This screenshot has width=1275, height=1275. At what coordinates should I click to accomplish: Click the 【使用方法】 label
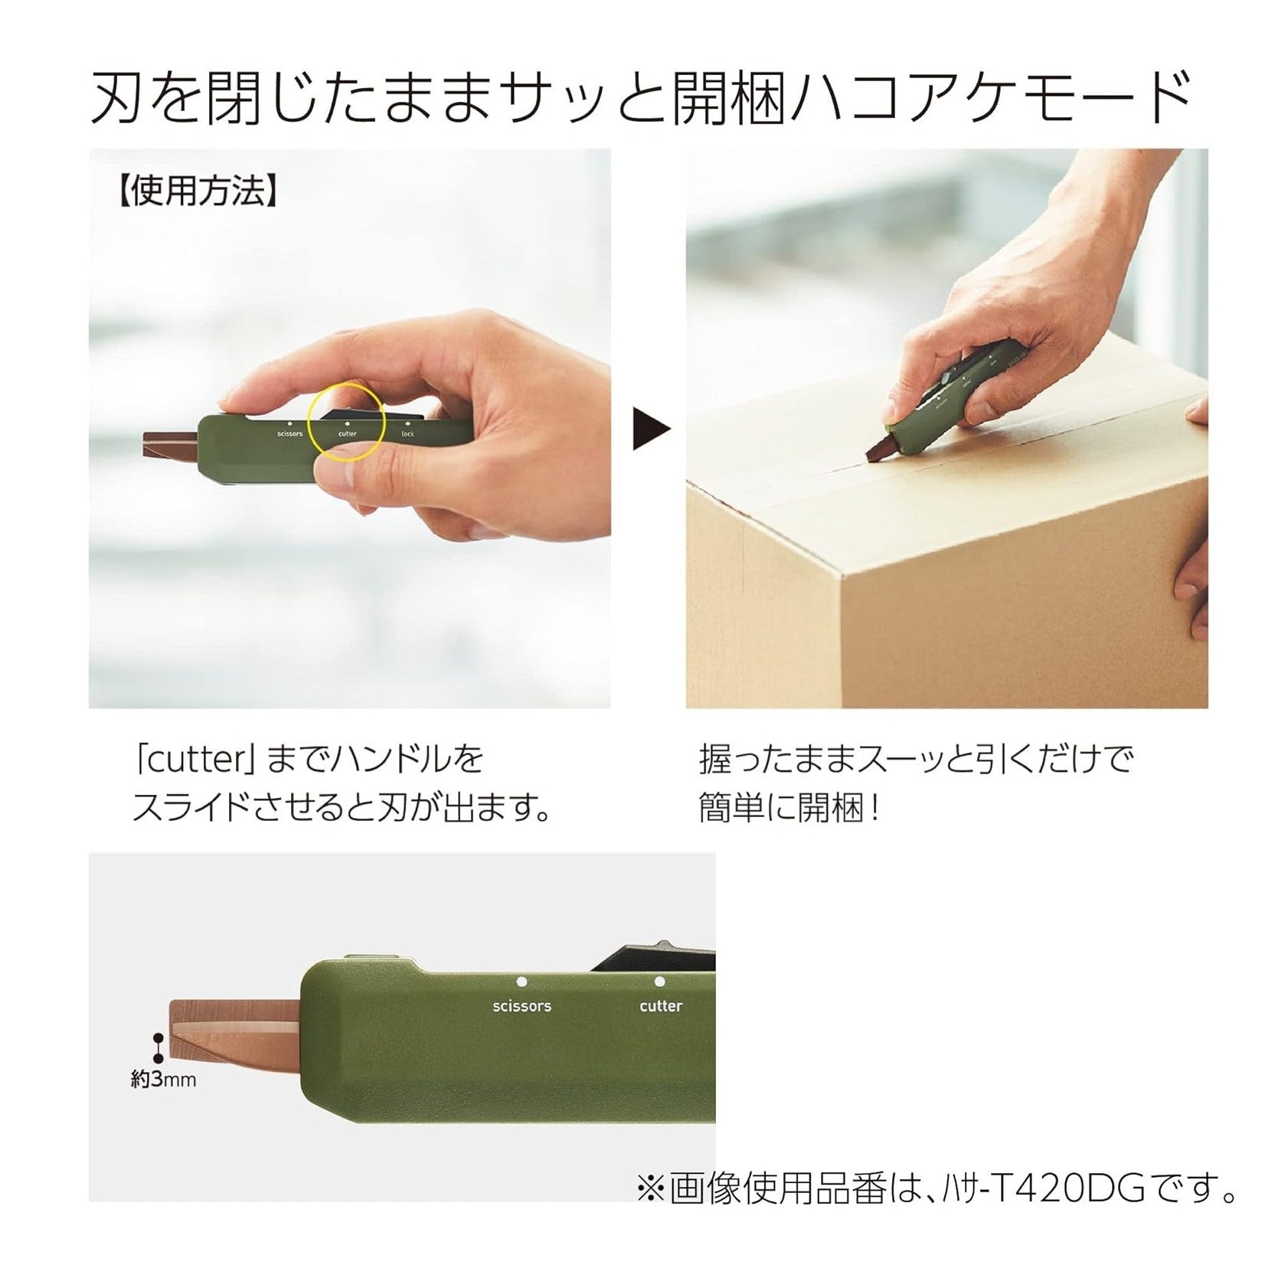(196, 191)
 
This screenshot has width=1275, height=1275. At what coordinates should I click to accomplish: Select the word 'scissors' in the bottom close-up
(521, 1005)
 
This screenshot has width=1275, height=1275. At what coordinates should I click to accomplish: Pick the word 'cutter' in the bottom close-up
(660, 1005)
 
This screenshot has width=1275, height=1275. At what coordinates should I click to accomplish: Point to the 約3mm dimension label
(163, 1080)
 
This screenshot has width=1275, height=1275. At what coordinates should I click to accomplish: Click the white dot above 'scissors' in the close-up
(521, 981)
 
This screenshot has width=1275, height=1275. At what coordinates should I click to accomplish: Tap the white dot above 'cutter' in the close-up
(659, 981)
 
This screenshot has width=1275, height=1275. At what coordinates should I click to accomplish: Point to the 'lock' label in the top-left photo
(407, 434)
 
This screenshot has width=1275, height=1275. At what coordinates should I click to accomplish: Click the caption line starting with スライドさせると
(342, 808)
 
